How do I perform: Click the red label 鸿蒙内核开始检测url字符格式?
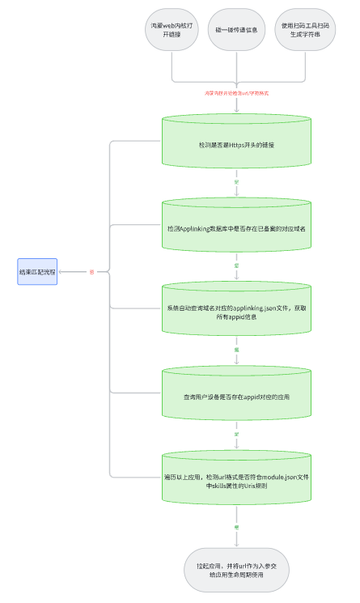click(x=236, y=93)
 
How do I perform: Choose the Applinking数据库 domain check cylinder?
click(x=236, y=229)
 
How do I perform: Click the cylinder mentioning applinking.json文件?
click(x=236, y=313)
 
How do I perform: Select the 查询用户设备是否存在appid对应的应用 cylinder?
click(x=236, y=397)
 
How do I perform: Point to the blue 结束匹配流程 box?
click(x=37, y=272)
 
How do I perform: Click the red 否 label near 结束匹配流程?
click(x=91, y=272)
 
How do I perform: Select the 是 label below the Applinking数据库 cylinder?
click(x=236, y=265)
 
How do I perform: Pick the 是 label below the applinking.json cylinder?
click(x=236, y=350)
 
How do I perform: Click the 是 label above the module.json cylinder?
click(x=236, y=434)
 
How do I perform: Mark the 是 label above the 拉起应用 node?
click(x=236, y=527)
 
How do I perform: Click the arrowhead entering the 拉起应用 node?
click(x=236, y=545)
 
